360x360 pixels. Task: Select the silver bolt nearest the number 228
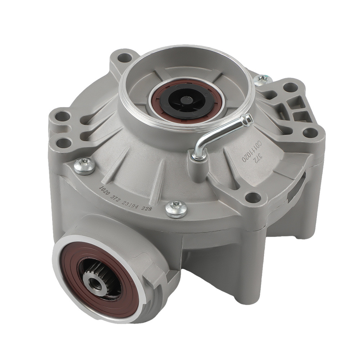pos(176,209)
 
